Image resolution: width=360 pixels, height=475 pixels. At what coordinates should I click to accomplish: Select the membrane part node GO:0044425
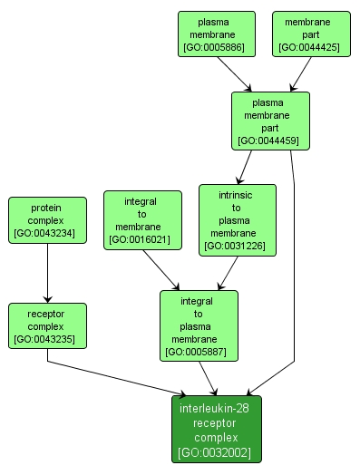(x=308, y=34)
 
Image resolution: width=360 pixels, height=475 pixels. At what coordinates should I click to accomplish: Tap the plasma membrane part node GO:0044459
(x=269, y=120)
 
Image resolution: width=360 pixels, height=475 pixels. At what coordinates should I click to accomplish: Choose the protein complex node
(x=46, y=220)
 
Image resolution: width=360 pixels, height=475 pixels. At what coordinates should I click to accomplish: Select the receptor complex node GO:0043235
(x=46, y=325)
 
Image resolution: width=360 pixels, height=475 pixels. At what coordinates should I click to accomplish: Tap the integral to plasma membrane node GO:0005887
(x=198, y=325)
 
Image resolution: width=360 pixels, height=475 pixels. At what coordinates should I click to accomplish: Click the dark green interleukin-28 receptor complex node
(x=216, y=430)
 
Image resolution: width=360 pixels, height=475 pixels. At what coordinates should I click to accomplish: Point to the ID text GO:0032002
(x=216, y=452)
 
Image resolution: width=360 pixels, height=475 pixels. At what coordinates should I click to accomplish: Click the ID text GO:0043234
(x=46, y=234)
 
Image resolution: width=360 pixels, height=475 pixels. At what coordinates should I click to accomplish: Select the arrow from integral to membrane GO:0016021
(x=161, y=269)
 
